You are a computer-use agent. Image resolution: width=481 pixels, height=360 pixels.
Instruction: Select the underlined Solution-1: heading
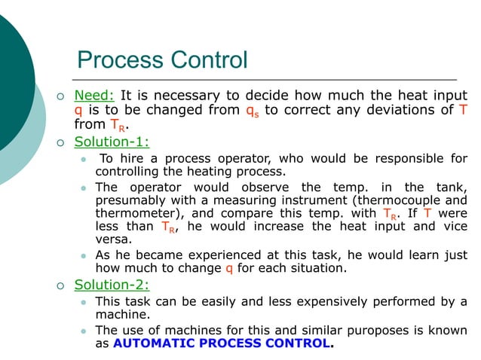[112, 141]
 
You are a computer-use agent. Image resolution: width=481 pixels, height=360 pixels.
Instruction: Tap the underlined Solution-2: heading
[112, 285]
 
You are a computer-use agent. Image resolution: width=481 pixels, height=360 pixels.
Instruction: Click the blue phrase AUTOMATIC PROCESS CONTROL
[222, 344]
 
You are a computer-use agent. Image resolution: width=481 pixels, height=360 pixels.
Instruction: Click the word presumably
[131, 200]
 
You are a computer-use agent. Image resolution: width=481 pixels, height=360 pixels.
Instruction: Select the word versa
[113, 239]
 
